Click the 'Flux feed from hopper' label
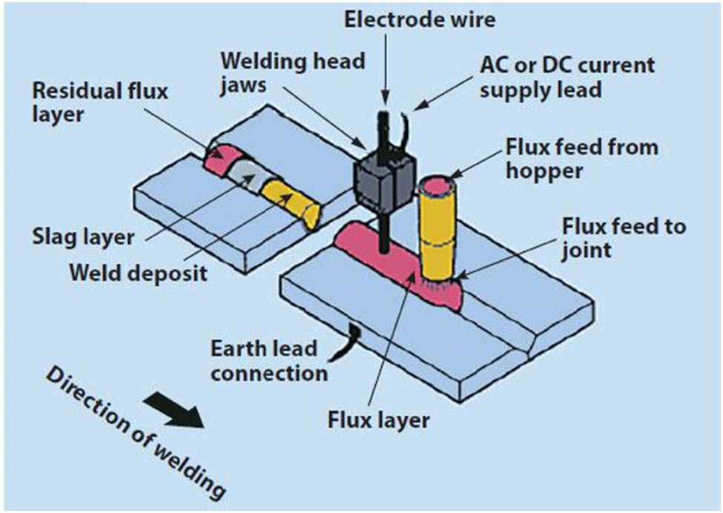(581, 158)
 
